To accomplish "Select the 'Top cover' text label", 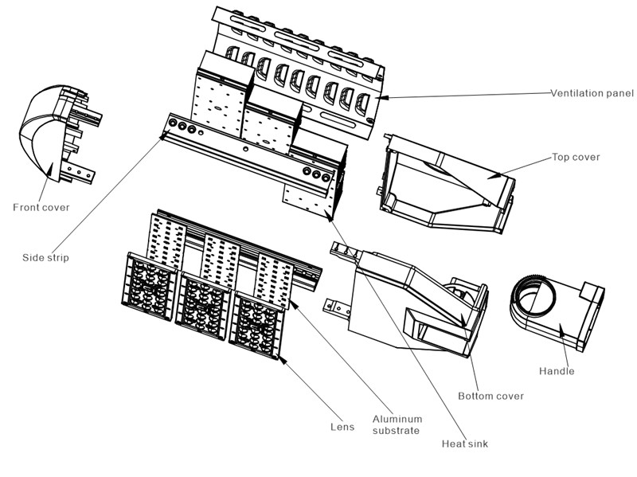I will pos(576,157).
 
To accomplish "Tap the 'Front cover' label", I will pos(41,208).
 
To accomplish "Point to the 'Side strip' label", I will pos(45,258).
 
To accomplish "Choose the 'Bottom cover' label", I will pos(491,396).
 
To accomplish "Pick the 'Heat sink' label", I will pos(465,444).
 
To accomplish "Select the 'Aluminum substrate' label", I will pos(397,424).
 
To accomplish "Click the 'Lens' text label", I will pos(342,427).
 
